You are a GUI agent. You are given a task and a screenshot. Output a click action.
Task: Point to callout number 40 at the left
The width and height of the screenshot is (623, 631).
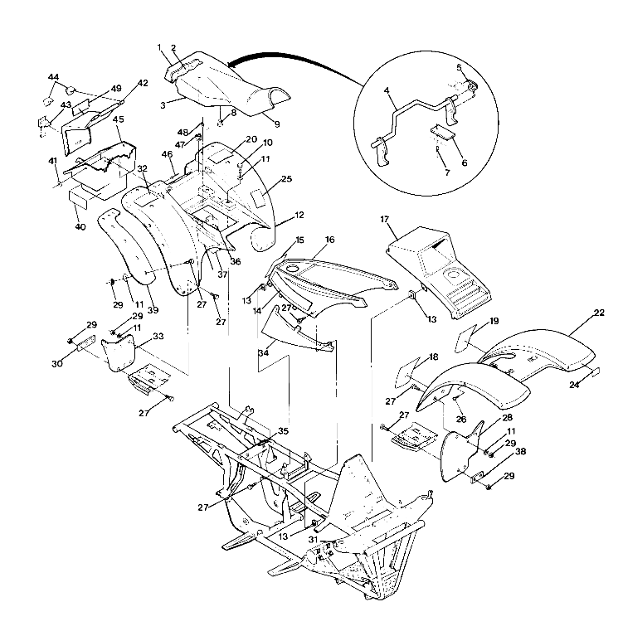pos(80,226)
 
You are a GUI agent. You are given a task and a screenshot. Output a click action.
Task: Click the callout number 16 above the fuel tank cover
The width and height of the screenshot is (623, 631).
pos(329,240)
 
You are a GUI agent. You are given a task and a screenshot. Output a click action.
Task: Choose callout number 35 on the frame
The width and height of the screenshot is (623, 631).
pos(283,432)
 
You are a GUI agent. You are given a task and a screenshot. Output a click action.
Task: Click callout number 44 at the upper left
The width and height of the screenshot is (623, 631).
pos(53,76)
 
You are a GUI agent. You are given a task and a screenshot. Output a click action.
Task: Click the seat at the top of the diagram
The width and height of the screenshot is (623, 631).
pos(224,87)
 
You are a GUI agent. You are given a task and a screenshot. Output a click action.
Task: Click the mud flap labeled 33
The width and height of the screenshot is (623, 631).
pos(124,353)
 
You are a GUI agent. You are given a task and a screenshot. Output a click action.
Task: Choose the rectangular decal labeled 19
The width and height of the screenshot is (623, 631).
pos(472,337)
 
